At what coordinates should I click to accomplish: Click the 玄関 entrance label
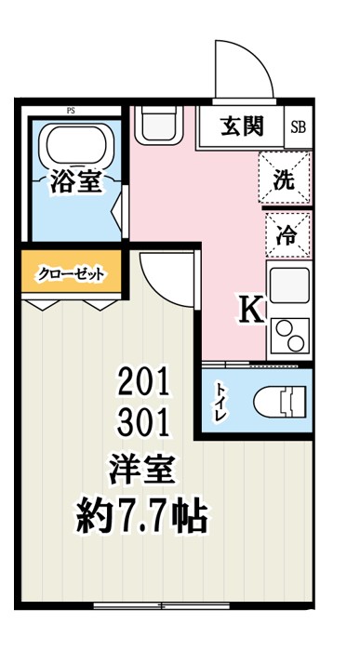point(241,126)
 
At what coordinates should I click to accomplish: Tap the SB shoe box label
point(298,126)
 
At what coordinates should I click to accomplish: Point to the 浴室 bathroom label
point(75,182)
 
